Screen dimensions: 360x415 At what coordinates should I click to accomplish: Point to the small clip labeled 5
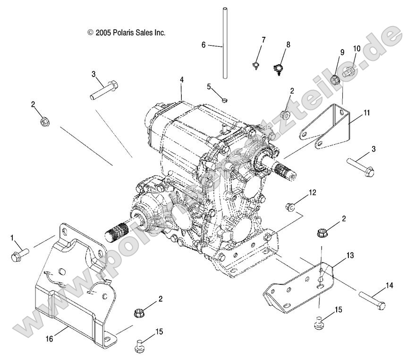click(x=225, y=99)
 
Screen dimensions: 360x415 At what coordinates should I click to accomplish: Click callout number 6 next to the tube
click(x=203, y=45)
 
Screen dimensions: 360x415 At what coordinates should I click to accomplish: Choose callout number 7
click(x=263, y=39)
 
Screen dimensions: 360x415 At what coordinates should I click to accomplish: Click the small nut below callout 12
click(x=291, y=206)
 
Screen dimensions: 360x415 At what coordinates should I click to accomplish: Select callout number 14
click(x=389, y=285)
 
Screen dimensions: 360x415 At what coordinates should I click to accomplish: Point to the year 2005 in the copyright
click(x=103, y=33)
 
